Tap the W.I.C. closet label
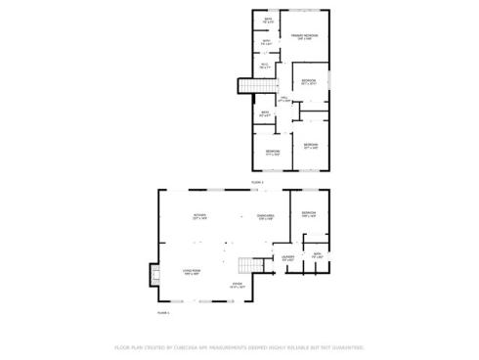(265, 66)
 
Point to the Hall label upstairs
(284, 99)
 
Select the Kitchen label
(199, 216)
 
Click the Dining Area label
(265, 216)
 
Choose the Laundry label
(288, 258)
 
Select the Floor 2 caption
(258, 182)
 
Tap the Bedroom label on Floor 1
(309, 213)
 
